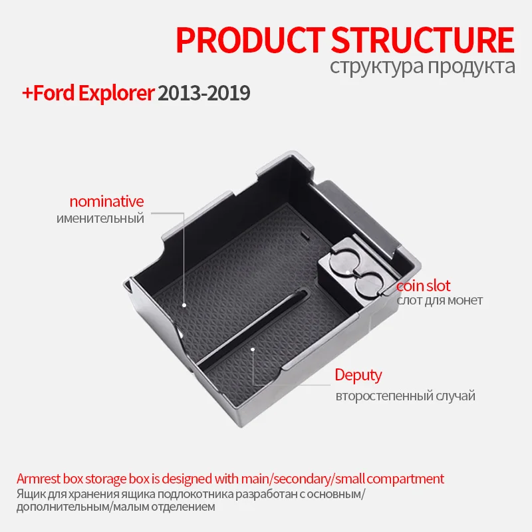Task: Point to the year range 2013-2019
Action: coord(203,92)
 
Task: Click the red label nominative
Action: coord(106,201)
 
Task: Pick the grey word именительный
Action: coord(100,218)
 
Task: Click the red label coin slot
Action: coord(424,286)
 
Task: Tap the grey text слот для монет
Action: coord(440,301)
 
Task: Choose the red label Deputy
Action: coord(358,375)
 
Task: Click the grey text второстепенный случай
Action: coord(405,396)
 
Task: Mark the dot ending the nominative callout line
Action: coord(184,306)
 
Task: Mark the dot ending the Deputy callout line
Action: coord(252,348)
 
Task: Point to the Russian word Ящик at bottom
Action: coord(30,493)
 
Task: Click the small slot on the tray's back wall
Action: coord(304,235)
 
